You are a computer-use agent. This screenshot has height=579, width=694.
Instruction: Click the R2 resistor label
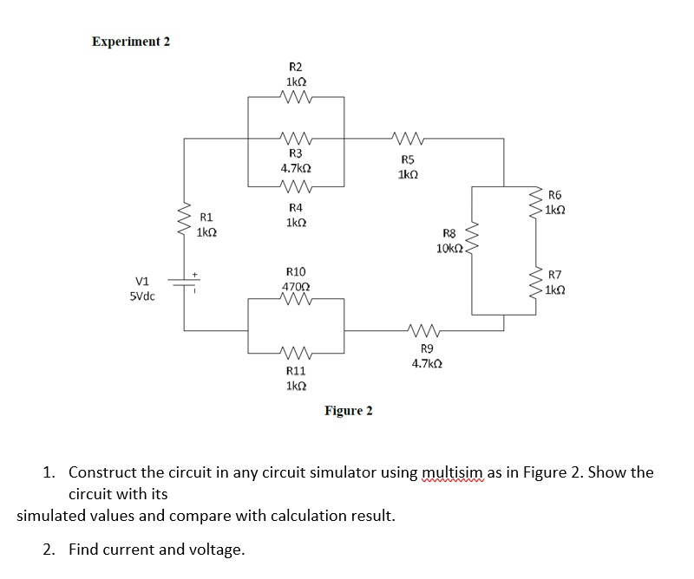coord(295,67)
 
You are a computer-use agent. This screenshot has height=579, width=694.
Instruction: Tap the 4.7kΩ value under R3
coord(295,167)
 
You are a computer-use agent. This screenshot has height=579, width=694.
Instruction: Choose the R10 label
coord(295,272)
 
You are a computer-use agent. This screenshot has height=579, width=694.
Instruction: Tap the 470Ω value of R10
coord(296,287)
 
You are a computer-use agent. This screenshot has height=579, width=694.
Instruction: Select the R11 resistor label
coord(295,370)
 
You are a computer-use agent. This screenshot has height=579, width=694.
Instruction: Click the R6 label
coord(556,196)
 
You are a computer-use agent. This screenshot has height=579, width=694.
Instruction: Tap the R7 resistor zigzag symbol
coord(538,282)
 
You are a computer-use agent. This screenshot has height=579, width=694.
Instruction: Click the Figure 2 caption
coord(349,410)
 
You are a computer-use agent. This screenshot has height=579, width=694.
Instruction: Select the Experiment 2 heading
coord(131,42)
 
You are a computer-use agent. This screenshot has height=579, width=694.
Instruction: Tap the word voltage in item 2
coord(214,550)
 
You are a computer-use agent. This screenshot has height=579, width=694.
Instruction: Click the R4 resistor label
coord(295,208)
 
